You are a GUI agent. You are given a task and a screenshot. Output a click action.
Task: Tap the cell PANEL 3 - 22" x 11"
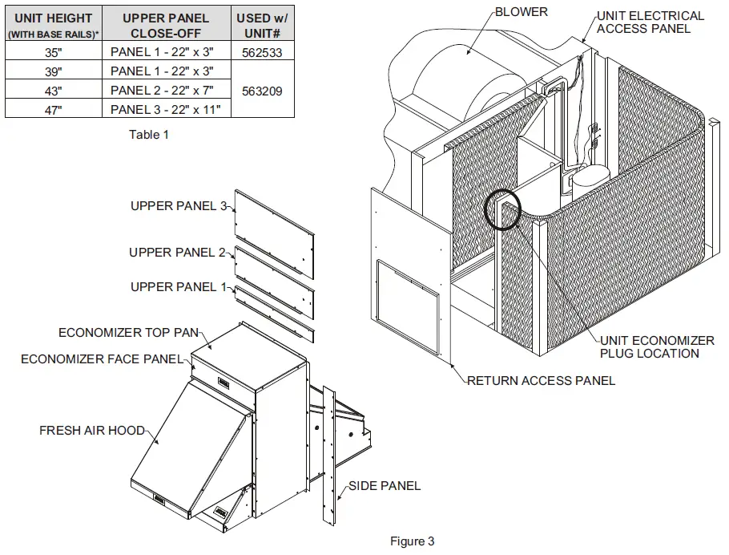pos(166,109)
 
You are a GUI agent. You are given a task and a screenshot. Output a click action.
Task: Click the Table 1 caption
pos(149,135)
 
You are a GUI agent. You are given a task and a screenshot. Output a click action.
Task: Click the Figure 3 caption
pos(413,541)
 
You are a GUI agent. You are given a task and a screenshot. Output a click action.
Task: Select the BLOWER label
pos(522,12)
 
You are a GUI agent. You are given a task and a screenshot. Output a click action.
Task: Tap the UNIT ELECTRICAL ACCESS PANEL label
pos(650,22)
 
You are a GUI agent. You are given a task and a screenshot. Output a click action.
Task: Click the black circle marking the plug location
pos(503,209)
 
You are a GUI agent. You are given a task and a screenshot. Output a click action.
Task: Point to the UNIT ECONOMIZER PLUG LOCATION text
pos(657,346)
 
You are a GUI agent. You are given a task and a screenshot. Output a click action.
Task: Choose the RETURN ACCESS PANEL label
pos(542,380)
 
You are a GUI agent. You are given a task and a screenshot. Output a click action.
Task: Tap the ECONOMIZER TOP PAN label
pos(128,332)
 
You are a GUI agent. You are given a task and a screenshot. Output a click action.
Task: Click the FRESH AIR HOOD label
pos(92,431)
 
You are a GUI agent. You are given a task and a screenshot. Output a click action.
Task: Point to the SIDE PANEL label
pos(384,486)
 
